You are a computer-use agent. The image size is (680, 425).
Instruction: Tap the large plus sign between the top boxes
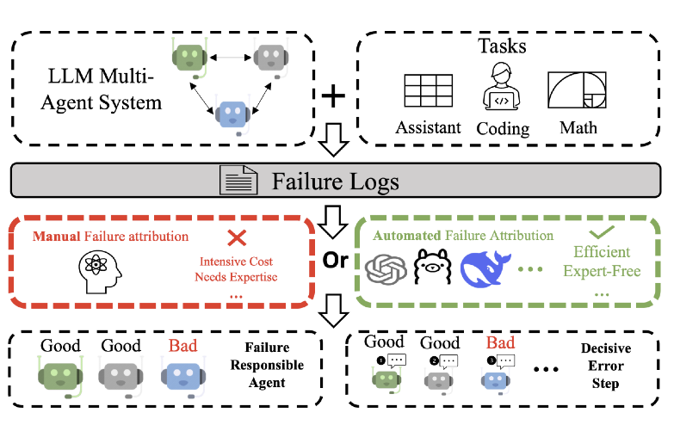click(x=332, y=97)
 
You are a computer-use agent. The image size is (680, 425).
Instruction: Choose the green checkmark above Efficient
click(x=607, y=231)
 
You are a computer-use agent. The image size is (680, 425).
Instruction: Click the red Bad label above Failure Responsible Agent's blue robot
click(x=182, y=346)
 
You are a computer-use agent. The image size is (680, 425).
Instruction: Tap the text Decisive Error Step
click(x=605, y=366)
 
